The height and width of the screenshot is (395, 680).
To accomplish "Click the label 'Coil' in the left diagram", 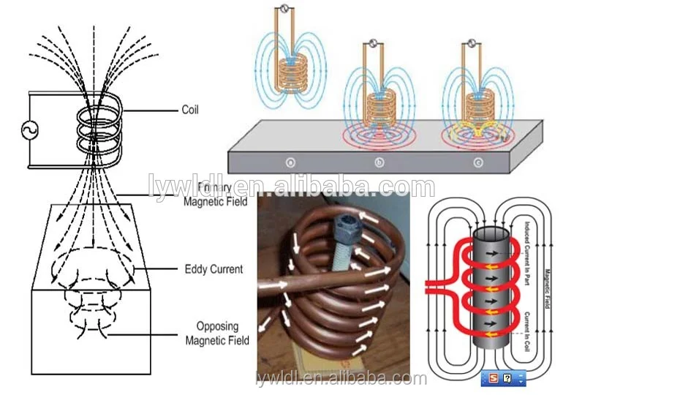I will pyautogui.click(x=189, y=110).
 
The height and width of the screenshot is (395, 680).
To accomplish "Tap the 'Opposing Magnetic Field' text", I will pyautogui.click(x=217, y=333).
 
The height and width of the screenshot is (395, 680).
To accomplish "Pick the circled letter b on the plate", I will pyautogui.click(x=379, y=162).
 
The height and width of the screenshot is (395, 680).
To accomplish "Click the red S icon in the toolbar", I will pyautogui.click(x=494, y=378).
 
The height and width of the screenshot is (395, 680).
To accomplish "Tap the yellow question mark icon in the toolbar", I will pyautogui.click(x=507, y=378).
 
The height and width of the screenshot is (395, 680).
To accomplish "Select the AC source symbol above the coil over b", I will pyautogui.click(x=373, y=42).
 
